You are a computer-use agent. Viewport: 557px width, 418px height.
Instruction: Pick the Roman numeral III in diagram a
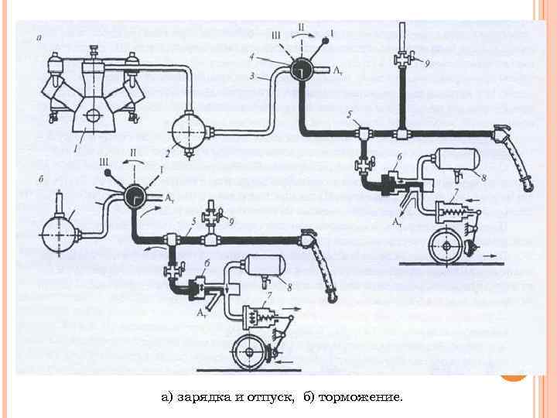pos(276,35)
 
